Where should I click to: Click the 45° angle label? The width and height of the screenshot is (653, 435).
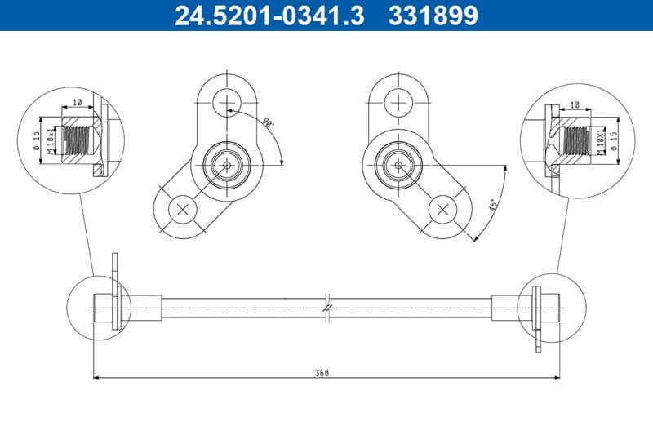(x=493, y=204)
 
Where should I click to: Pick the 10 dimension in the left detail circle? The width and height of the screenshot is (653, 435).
(x=77, y=104)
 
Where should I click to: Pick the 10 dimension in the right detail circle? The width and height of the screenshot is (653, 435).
(x=575, y=104)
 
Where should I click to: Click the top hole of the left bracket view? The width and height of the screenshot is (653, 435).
(x=224, y=103)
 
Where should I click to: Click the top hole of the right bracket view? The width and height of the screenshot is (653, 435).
(x=399, y=103)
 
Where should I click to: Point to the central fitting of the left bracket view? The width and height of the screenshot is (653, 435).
(x=224, y=166)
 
